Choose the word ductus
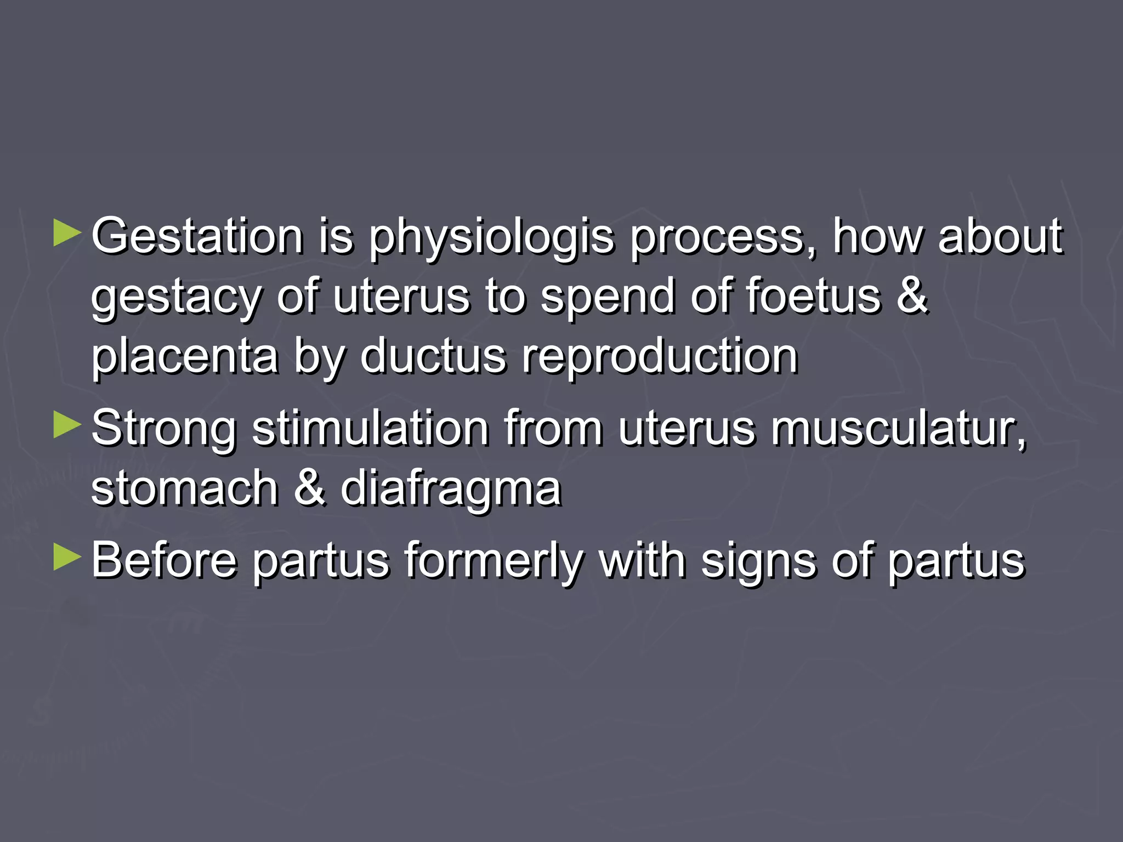point(433,356)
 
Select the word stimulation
point(370,428)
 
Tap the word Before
point(164,560)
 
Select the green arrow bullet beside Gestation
point(67,234)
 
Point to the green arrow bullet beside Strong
point(67,426)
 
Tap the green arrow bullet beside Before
point(67,557)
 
